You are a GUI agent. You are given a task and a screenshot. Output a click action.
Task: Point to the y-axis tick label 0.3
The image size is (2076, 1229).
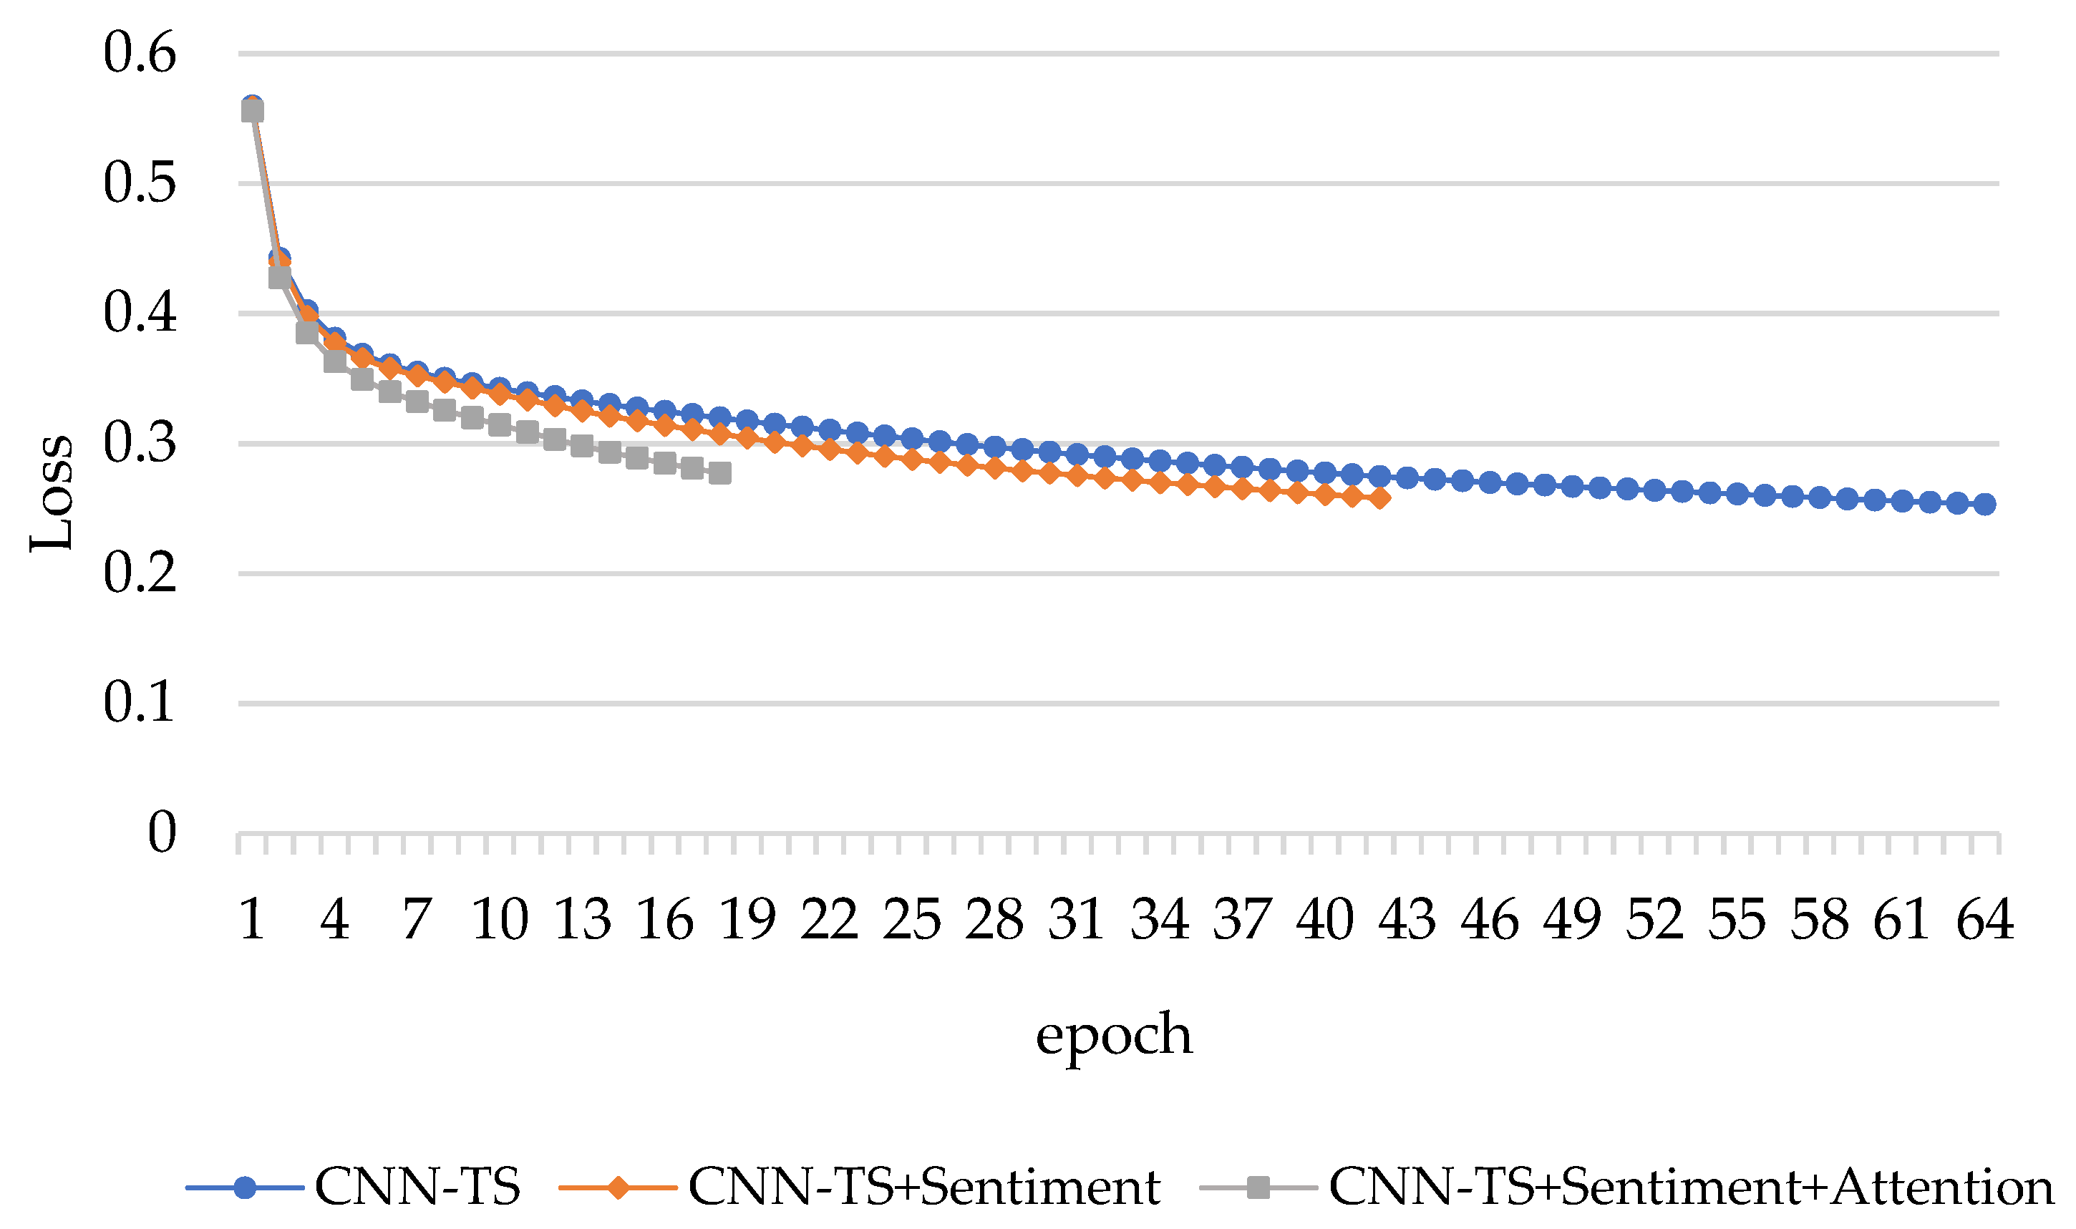pyautogui.click(x=139, y=443)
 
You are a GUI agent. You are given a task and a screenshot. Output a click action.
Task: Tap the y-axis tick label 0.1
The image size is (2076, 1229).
pyautogui.click(x=139, y=702)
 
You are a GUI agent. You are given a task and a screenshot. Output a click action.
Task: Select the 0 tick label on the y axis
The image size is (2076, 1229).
pyautogui.click(x=162, y=832)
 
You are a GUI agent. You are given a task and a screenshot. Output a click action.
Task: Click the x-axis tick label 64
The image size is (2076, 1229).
pyautogui.click(x=1984, y=919)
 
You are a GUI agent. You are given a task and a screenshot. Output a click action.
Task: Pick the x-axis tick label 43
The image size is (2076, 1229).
pyautogui.click(x=1407, y=919)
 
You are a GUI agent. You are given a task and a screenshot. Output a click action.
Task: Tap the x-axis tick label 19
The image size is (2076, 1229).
pyautogui.click(x=747, y=919)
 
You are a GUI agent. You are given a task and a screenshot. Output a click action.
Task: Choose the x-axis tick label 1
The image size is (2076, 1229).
pyautogui.click(x=252, y=919)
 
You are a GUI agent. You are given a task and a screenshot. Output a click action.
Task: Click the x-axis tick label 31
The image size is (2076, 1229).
pyautogui.click(x=1077, y=919)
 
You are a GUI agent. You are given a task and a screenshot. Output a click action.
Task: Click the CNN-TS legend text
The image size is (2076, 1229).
pyautogui.click(x=417, y=1187)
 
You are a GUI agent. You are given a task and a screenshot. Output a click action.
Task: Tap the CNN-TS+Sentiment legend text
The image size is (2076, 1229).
pyautogui.click(x=923, y=1187)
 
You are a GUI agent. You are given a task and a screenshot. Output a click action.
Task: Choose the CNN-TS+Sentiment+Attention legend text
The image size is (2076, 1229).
pyautogui.click(x=1691, y=1187)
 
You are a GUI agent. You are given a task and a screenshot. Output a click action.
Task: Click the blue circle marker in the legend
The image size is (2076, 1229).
pyautogui.click(x=245, y=1187)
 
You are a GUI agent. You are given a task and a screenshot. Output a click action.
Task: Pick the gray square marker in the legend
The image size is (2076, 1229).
pyautogui.click(x=1258, y=1187)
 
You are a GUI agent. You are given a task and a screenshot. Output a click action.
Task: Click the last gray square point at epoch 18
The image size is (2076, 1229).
pyautogui.click(x=719, y=473)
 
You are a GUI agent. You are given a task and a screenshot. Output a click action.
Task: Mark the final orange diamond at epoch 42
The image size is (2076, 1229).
pyautogui.click(x=1379, y=497)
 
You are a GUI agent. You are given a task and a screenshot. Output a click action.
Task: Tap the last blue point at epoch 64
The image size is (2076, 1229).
pyautogui.click(x=1985, y=503)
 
